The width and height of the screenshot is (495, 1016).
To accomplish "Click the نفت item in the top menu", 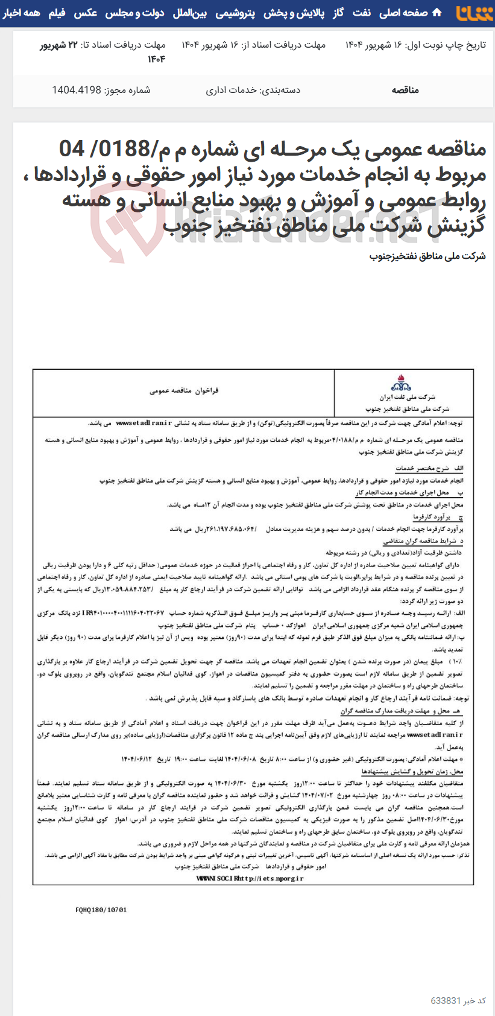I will click(362, 13).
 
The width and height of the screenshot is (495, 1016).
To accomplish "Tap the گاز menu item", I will click(339, 13).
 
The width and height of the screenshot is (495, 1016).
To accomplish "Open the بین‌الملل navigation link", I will click(190, 13).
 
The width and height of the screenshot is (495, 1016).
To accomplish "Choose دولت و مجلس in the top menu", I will click(135, 13).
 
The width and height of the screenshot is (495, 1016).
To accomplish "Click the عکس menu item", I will click(86, 13).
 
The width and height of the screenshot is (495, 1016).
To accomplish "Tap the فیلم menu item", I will click(57, 13).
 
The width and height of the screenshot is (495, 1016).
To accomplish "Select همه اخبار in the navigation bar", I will click(22, 13).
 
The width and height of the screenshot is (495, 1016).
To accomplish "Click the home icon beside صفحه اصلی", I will click(437, 13).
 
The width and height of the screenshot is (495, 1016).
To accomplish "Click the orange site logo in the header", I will click(474, 13).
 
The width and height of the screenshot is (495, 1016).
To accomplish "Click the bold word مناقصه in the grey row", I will click(405, 90).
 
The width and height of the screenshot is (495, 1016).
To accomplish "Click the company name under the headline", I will click(427, 256).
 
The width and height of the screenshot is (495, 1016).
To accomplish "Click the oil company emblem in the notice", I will click(401, 383).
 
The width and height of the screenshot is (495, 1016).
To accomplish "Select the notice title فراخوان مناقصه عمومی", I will click(184, 391).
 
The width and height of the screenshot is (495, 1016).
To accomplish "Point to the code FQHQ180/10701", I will click(101, 910).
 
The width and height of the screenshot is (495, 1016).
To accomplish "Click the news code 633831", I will click(446, 1000).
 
